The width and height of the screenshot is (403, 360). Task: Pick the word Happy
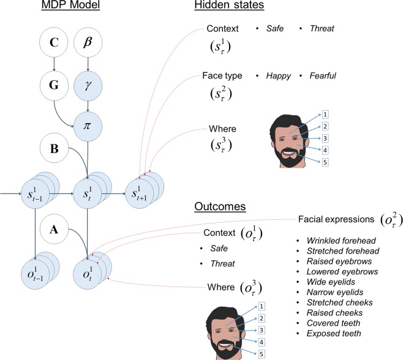(279, 76)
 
